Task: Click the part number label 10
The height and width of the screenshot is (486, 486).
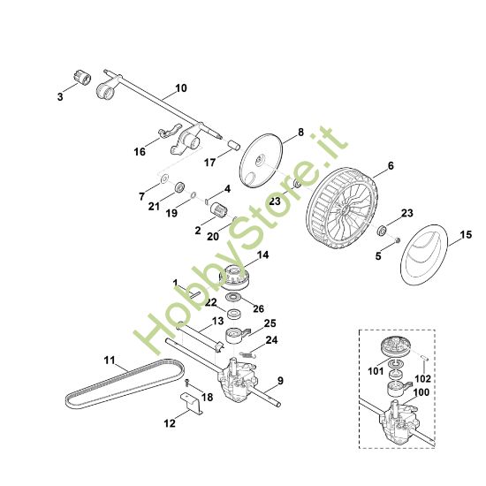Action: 181,88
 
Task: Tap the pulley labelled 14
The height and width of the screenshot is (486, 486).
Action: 237,276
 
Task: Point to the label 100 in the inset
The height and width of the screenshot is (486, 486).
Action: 422,391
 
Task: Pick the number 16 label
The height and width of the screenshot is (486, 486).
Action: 140,152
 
